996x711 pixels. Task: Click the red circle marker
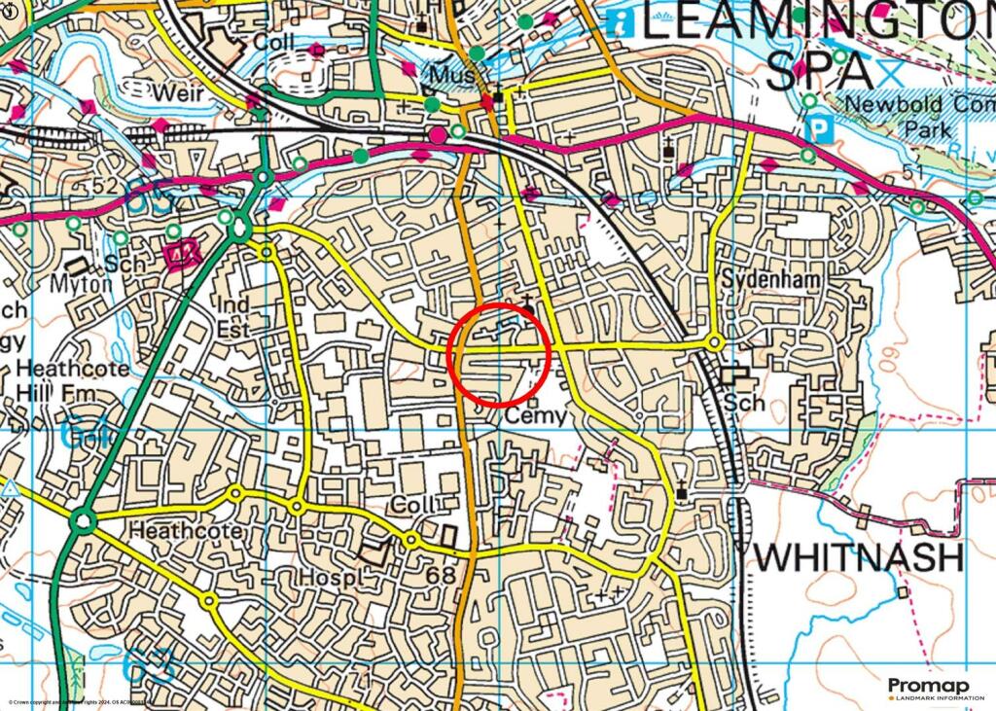pyautogui.click(x=500, y=355)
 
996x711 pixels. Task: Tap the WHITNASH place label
pyautogui.click(x=858, y=558)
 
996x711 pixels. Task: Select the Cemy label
pyautogui.click(x=534, y=415)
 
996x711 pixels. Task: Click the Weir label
pyautogui.click(x=176, y=93)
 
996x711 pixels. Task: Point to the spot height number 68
pyautogui.click(x=440, y=576)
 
